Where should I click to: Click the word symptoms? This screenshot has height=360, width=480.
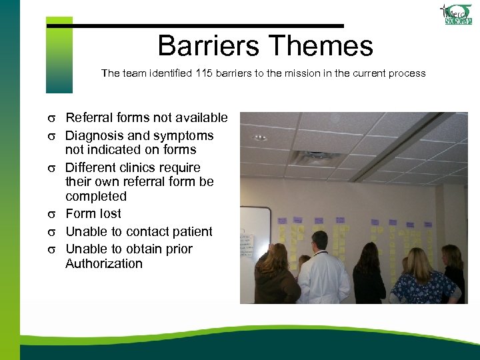click(x=182, y=135)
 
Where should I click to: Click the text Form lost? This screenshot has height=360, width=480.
click(x=93, y=214)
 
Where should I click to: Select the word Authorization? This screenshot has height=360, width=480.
click(x=103, y=264)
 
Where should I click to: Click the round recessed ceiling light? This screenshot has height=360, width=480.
click(x=261, y=137)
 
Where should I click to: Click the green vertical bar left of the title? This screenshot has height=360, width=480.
click(x=59, y=57)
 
